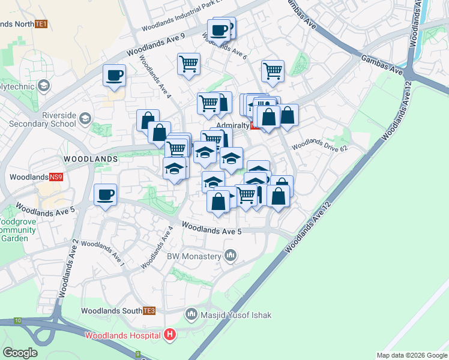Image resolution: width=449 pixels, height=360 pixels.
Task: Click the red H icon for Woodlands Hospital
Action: (170, 334)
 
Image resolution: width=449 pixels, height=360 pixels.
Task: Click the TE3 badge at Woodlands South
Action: (149, 311)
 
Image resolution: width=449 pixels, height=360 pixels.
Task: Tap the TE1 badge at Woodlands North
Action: (41, 24)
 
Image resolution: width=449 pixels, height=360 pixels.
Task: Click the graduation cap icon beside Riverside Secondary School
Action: (85, 118)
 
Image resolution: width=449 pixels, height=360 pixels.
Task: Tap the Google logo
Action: (20, 353)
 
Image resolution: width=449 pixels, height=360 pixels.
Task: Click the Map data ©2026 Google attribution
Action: (412, 355)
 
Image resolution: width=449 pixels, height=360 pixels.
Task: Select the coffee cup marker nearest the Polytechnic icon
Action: (114, 76)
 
